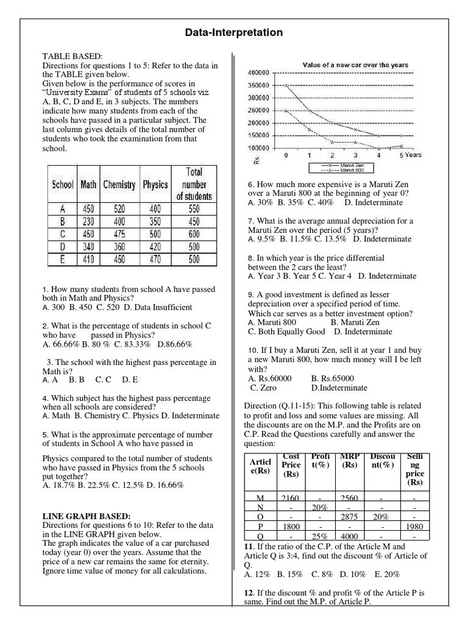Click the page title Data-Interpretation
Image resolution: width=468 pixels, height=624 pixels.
click(234, 32)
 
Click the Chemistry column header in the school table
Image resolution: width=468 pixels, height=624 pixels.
click(119, 184)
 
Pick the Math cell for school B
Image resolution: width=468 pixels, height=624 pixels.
click(88, 222)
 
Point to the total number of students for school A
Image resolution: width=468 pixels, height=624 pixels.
click(194, 209)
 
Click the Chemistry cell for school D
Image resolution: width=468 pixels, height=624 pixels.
click(119, 247)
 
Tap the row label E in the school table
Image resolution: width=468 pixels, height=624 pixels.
click(62, 260)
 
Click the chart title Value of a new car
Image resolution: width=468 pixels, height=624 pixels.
click(355, 65)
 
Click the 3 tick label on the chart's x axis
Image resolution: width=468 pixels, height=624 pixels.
click(355, 155)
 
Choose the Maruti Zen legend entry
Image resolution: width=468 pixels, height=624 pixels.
click(347, 165)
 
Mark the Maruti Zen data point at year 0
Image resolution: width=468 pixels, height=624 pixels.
click(286, 85)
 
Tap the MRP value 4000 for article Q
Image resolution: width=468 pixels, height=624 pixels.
click(349, 536)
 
